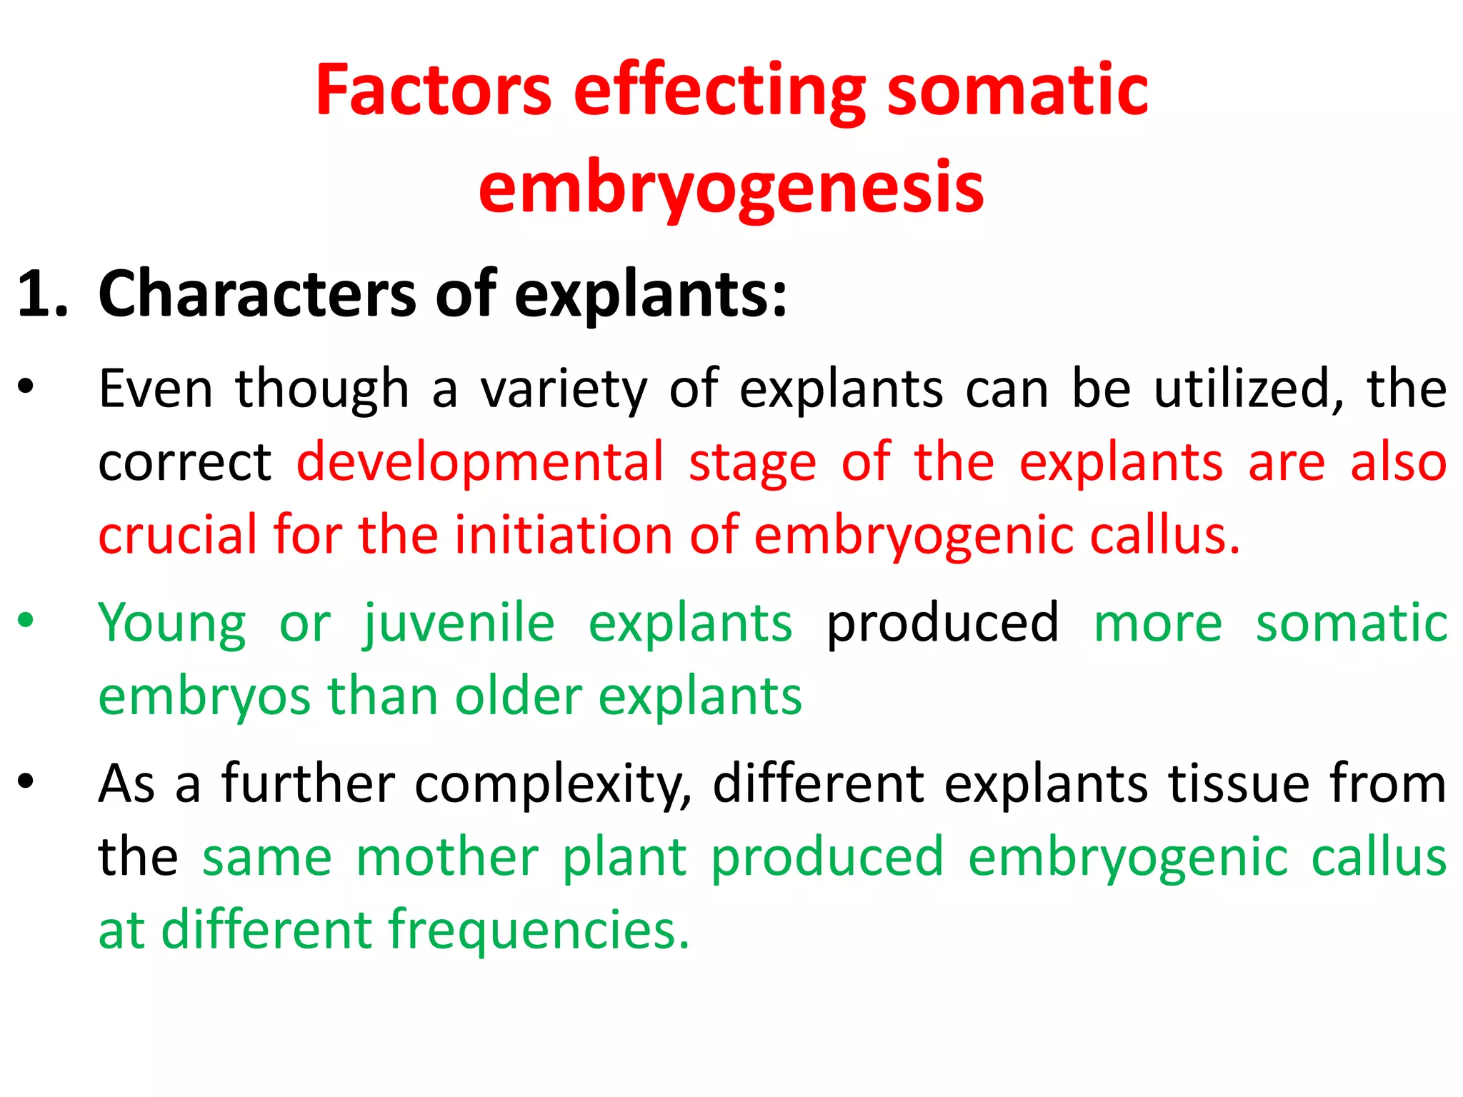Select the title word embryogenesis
731,188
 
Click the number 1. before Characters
42,294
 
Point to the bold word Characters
257,294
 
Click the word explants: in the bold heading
650,295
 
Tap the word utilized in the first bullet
1247,389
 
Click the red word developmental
480,462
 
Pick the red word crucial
177,535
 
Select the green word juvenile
459,623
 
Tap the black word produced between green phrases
942,623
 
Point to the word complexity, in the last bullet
553,784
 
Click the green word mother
447,857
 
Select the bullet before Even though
26,388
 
